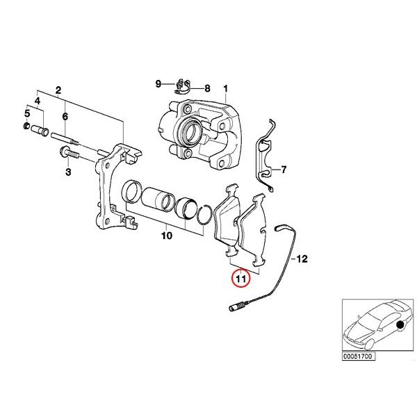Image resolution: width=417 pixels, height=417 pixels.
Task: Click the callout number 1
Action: pos(225,88)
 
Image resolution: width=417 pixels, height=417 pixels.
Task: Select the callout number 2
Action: pos(58,90)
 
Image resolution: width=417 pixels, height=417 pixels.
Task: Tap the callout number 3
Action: pos(68,171)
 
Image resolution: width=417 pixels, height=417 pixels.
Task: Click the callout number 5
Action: pos(27,113)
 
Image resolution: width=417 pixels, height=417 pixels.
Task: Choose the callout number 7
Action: pos(283,170)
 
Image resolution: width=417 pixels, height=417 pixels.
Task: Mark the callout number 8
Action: pos(206,88)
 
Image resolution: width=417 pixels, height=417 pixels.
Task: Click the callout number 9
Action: pos(158,84)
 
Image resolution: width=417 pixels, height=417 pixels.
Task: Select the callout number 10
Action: pos(166,236)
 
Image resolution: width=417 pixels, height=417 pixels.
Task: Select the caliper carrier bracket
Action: pos(114,188)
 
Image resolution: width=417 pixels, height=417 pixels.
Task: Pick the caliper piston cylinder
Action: pos(158,197)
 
